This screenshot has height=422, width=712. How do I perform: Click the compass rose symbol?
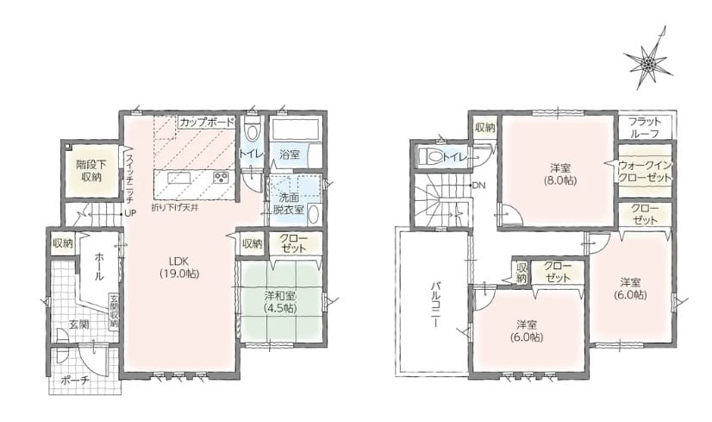[x=648, y=64]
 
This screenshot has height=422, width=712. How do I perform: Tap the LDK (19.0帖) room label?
[x=179, y=268]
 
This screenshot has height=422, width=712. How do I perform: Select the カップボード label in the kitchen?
[x=207, y=123]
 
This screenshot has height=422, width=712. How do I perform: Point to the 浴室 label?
[x=290, y=154]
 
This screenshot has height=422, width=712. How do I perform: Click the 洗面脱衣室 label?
[x=288, y=204]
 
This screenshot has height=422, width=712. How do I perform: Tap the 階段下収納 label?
[x=91, y=171]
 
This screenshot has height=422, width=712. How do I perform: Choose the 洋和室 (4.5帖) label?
[x=280, y=301]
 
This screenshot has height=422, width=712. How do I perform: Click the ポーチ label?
[x=75, y=381]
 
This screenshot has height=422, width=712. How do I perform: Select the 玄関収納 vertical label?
[x=114, y=312]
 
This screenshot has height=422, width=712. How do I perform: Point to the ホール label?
[x=99, y=267]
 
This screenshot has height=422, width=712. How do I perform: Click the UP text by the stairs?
[x=130, y=213]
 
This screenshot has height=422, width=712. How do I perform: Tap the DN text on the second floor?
[x=478, y=186]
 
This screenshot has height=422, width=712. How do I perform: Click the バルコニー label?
[x=434, y=305]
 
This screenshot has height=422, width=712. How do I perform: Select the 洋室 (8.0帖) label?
[x=560, y=173]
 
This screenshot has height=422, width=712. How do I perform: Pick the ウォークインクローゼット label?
[x=645, y=171]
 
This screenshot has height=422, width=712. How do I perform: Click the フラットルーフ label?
[x=645, y=128]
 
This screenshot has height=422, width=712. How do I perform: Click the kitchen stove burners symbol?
[x=222, y=178]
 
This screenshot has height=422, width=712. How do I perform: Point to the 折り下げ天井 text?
[x=177, y=207]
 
